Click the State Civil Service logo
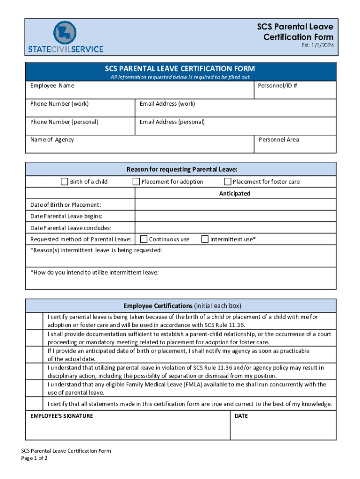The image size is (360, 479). [x=65, y=37]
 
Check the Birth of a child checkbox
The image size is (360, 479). [x=65, y=181]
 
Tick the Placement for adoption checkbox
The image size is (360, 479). [x=137, y=181]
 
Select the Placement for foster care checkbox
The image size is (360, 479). [x=228, y=181]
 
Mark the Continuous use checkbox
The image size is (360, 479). [x=144, y=239]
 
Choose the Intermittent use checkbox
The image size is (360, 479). [x=205, y=239]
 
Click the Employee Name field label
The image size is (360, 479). [x=52, y=86]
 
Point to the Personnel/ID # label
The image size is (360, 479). [x=277, y=86]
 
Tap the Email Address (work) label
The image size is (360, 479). [x=167, y=104]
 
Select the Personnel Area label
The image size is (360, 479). [x=279, y=139]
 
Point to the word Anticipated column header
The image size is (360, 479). [x=235, y=194]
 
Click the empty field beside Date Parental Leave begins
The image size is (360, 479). [x=235, y=216]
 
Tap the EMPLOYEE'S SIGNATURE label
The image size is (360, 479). [x=62, y=416]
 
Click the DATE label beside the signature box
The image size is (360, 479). [x=241, y=416]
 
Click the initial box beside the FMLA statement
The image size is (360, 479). [x=35, y=388]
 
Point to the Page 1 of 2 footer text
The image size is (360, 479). [x=35, y=458]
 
